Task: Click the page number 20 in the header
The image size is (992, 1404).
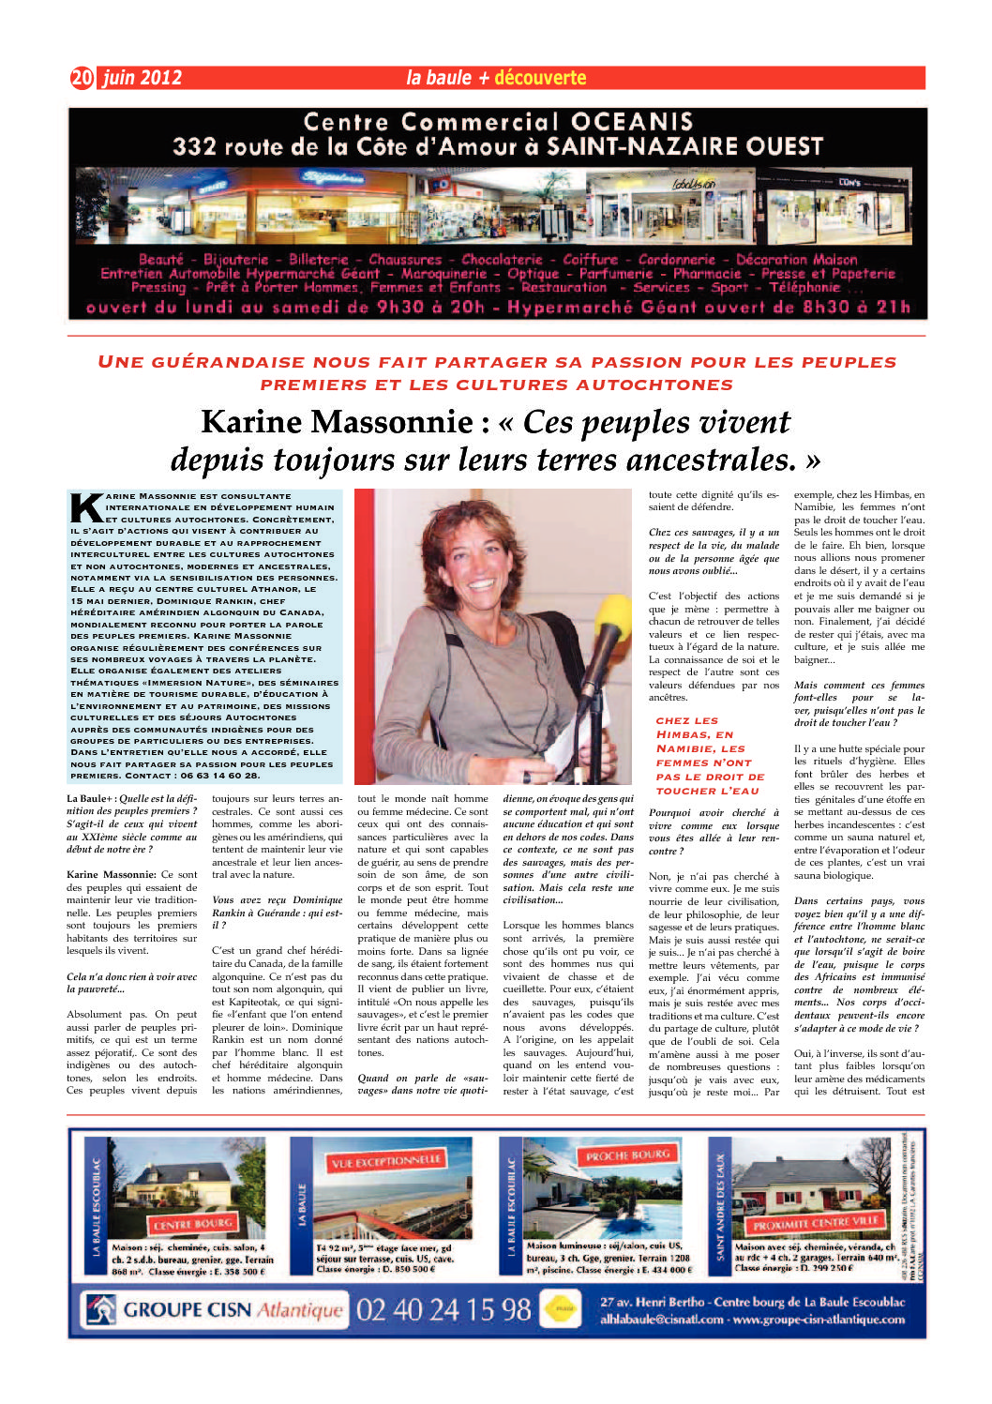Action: pos(83,78)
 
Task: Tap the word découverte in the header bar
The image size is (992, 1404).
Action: pos(540,78)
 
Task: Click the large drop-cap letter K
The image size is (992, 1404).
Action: pos(87,507)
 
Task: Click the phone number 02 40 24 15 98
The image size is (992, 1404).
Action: pos(443,1309)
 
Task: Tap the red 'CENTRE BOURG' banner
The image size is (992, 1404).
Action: pos(192,1224)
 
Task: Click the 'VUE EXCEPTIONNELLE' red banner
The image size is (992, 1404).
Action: pos(385,1161)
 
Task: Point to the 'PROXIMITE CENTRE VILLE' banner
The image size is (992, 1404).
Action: pos(814,1224)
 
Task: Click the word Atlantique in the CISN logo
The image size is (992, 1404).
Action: pos(300,1309)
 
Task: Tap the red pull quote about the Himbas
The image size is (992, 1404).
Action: pos(711,756)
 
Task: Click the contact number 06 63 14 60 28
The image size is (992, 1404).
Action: pos(219,776)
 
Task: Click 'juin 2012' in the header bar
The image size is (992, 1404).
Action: pos(142,78)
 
